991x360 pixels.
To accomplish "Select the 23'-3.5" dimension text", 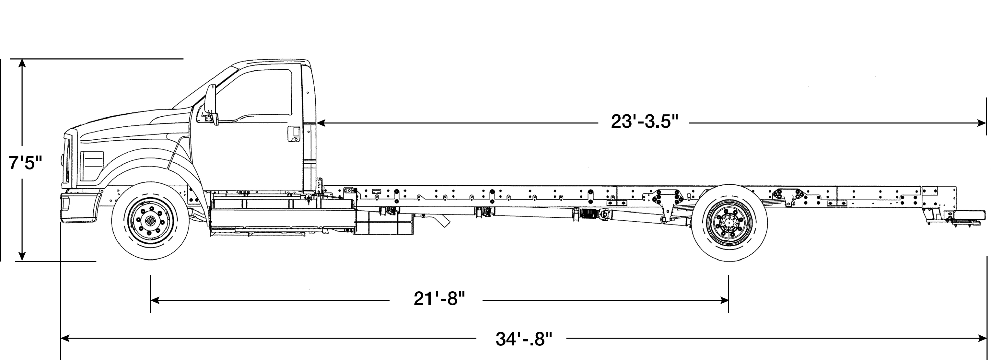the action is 644,122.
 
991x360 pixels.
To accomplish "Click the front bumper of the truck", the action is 80,208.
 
